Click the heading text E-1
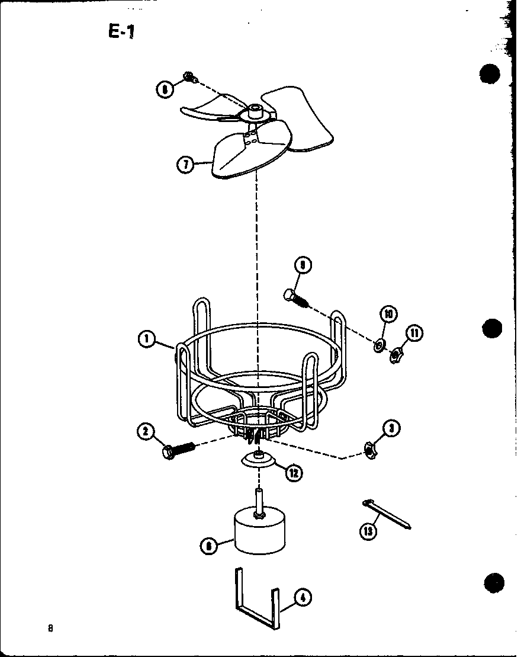(122, 32)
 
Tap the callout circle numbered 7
(185, 164)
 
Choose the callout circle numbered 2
(146, 431)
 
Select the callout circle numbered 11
(414, 334)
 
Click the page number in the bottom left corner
(51, 628)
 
